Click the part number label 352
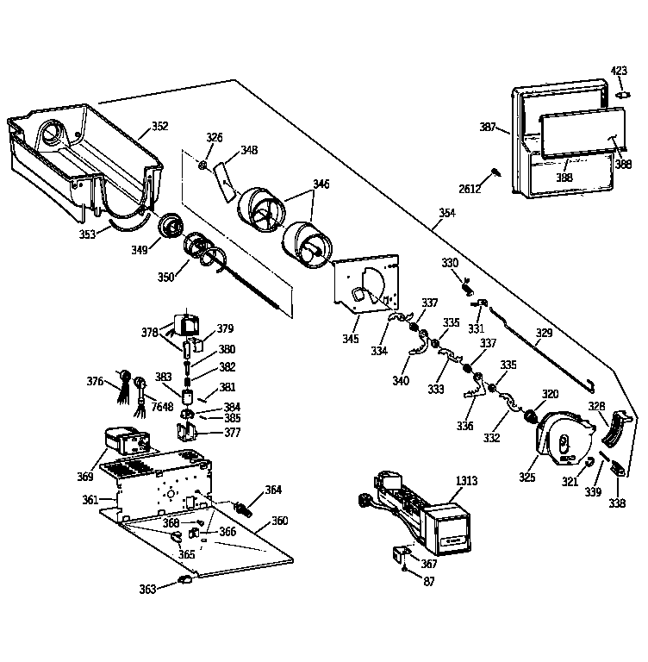click(159, 126)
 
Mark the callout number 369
click(85, 476)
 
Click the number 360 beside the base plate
click(279, 521)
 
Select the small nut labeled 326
click(202, 165)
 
